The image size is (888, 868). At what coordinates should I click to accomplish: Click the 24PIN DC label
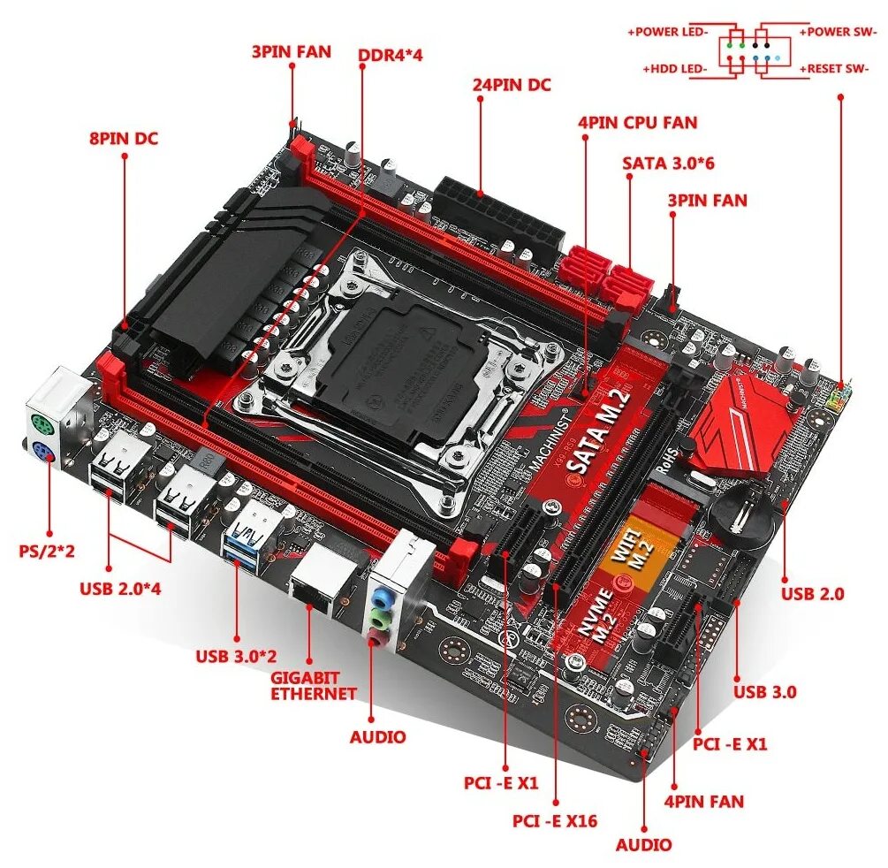tap(512, 85)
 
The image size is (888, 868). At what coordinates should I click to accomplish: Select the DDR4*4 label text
tap(391, 55)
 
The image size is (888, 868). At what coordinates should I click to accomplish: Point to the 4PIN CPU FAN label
tap(637, 123)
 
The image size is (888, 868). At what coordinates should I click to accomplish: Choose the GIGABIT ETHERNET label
tap(313, 685)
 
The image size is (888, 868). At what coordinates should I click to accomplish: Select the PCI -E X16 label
tap(555, 820)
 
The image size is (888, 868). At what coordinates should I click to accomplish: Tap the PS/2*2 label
tap(47, 551)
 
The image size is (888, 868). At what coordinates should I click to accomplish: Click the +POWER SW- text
tap(839, 32)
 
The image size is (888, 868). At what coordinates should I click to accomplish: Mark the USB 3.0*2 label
tap(237, 656)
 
